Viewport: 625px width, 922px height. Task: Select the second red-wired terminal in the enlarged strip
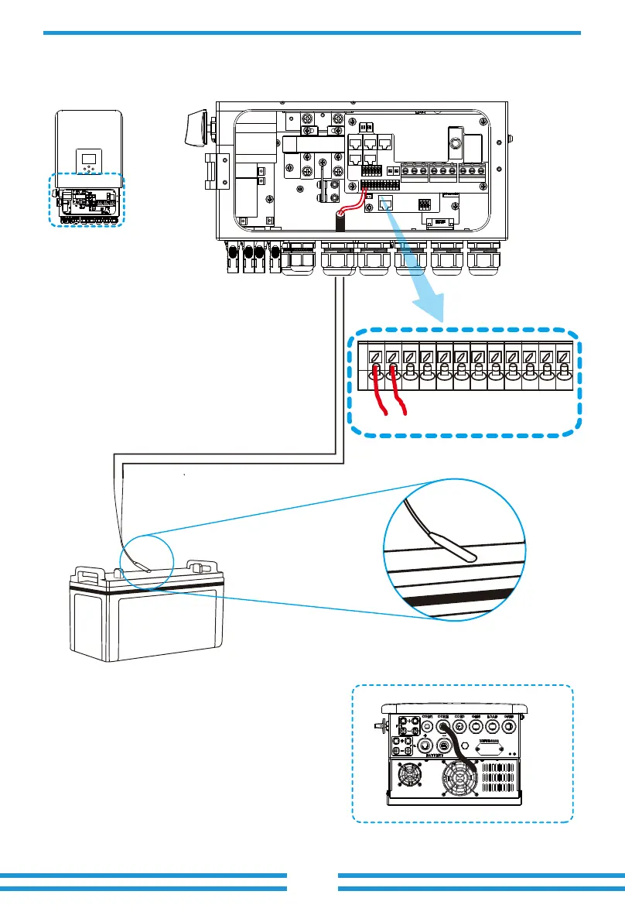pos(392,358)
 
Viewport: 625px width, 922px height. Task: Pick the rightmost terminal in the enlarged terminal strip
pos(563,358)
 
